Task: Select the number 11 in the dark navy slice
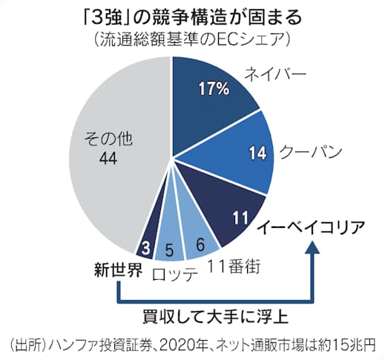point(239,217)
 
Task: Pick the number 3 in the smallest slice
point(147,246)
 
